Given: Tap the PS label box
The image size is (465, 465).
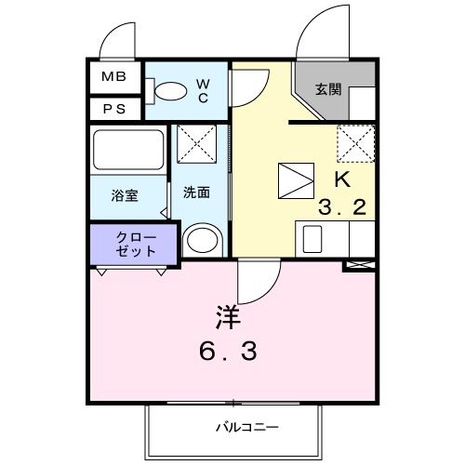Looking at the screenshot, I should [113, 108].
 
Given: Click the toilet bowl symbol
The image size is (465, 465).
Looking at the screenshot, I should [167, 90].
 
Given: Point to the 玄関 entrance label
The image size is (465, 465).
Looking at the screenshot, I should [326, 90].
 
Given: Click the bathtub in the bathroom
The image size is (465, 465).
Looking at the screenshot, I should [127, 149].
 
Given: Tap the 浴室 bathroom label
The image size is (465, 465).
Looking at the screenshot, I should [125, 195].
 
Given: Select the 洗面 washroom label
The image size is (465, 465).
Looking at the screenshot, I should [195, 193].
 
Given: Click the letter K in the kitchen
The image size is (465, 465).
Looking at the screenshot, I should [340, 178].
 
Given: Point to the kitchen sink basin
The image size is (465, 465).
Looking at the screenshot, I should [309, 239].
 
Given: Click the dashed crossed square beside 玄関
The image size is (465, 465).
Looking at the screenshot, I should [355, 141].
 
